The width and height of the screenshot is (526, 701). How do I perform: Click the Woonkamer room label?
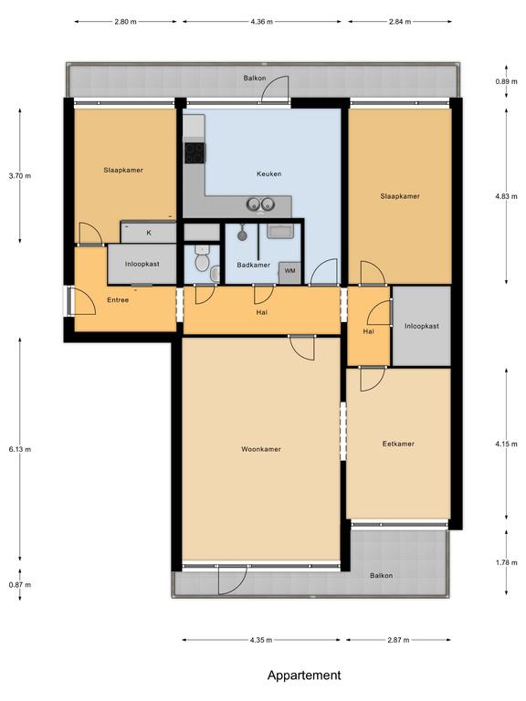[x=261, y=449]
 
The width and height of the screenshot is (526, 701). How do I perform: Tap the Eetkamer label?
[x=398, y=444]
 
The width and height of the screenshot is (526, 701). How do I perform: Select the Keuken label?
[x=268, y=173]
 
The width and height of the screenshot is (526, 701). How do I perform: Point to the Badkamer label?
[x=253, y=265]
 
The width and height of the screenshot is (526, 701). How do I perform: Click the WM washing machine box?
[x=289, y=271]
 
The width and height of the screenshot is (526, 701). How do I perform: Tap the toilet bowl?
[x=202, y=261]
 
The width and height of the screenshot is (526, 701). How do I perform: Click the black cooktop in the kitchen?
[x=195, y=153]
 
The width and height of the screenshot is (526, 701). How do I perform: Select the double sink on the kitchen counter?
[x=260, y=204]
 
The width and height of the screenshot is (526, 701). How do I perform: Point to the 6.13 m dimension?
[x=20, y=449]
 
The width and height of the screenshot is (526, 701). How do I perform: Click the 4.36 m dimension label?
[x=262, y=22]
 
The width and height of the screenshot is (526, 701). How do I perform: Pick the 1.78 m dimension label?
[x=506, y=562]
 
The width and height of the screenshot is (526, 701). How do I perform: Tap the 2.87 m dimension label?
[x=398, y=640]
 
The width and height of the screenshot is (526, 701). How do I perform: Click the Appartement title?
[x=304, y=675]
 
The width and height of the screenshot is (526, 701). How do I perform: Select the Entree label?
[x=118, y=300]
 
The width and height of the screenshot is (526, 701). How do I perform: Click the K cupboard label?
[x=149, y=233]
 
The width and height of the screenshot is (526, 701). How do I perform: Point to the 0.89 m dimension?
[x=506, y=81]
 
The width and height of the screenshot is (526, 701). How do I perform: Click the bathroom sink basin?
[x=280, y=231]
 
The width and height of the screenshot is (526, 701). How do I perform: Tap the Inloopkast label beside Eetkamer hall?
[x=421, y=326]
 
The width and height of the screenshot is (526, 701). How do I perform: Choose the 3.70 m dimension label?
[x=20, y=175]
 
